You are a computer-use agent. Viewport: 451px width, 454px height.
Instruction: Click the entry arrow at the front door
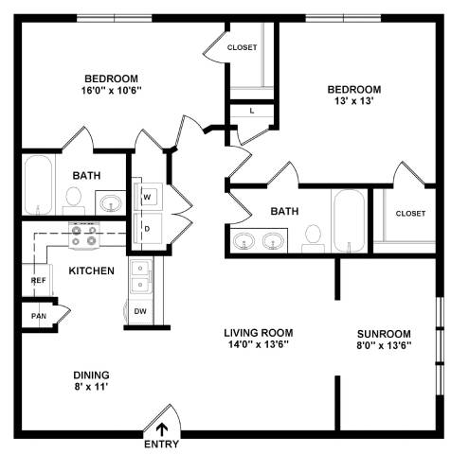162,429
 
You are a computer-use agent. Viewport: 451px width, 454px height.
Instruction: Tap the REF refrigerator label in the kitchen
38,280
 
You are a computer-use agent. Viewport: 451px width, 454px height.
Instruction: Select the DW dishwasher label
140,311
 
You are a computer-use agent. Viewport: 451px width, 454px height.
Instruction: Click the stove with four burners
84,236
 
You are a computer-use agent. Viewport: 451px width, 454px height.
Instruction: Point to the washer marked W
148,197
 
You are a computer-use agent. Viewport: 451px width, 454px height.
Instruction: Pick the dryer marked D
148,228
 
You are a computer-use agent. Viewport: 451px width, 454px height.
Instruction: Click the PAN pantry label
39,316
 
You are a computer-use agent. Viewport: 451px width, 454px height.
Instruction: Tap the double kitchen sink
140,277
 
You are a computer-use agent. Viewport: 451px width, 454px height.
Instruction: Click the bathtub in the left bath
39,185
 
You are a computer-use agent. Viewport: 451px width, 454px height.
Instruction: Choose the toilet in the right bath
314,238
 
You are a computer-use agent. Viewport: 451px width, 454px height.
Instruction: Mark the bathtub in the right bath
350,220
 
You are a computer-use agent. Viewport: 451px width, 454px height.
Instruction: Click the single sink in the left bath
111,203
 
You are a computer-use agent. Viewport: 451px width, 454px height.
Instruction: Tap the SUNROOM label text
384,334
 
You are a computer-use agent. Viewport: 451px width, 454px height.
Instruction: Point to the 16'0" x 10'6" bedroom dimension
111,91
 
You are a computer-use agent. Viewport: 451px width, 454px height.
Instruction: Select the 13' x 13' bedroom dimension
354,101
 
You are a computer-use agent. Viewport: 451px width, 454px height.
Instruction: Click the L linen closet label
252,111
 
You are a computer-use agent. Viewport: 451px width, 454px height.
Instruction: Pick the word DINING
91,375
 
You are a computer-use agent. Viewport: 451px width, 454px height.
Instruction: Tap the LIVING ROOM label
259,333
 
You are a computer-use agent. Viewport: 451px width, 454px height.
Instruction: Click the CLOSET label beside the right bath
410,214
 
